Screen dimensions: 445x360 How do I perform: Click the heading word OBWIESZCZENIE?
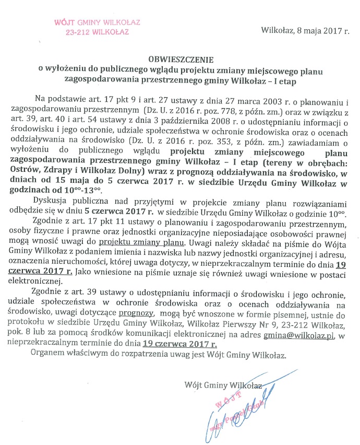coord(180,59)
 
